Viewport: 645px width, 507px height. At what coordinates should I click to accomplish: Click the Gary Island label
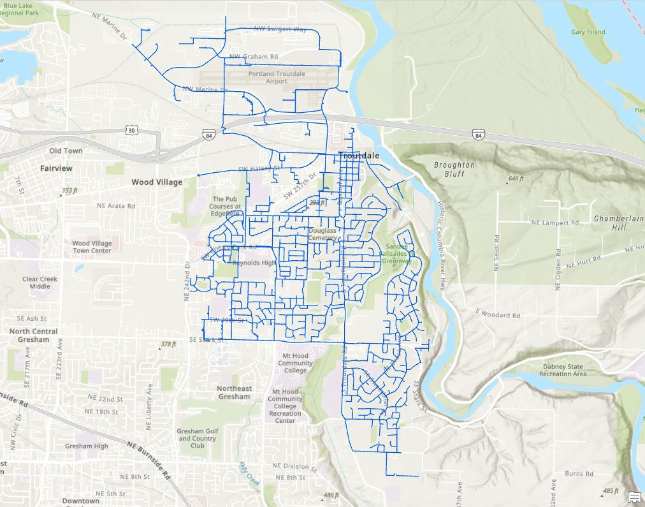point(587,32)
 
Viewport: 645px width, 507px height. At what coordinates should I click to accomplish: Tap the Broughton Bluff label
point(454,169)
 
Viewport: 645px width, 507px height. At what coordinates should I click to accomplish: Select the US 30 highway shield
point(131,129)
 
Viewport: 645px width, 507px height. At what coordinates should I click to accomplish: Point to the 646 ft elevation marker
point(516,179)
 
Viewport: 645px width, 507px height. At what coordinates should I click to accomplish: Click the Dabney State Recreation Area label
point(562,371)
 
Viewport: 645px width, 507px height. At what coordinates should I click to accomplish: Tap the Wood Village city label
point(157,182)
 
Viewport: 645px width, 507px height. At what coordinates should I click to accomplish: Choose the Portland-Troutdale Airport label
point(277,78)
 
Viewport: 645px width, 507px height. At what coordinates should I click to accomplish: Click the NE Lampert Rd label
point(554,223)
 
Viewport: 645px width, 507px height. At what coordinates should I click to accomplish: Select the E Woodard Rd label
point(497,315)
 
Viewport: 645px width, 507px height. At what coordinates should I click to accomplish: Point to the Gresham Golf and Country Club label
point(197,438)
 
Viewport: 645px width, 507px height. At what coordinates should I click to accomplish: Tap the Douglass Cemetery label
point(322,234)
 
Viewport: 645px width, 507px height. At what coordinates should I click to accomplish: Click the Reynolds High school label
point(254,263)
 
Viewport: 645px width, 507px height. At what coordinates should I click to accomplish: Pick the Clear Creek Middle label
point(40,283)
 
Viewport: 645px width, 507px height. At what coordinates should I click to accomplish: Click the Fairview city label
point(56,168)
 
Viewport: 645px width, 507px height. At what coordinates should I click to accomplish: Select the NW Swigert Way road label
point(280,29)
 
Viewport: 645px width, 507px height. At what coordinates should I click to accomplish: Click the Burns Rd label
point(579,474)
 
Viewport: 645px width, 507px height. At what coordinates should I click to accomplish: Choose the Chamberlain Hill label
point(618,223)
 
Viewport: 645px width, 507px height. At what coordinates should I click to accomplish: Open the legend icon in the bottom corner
point(634,497)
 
